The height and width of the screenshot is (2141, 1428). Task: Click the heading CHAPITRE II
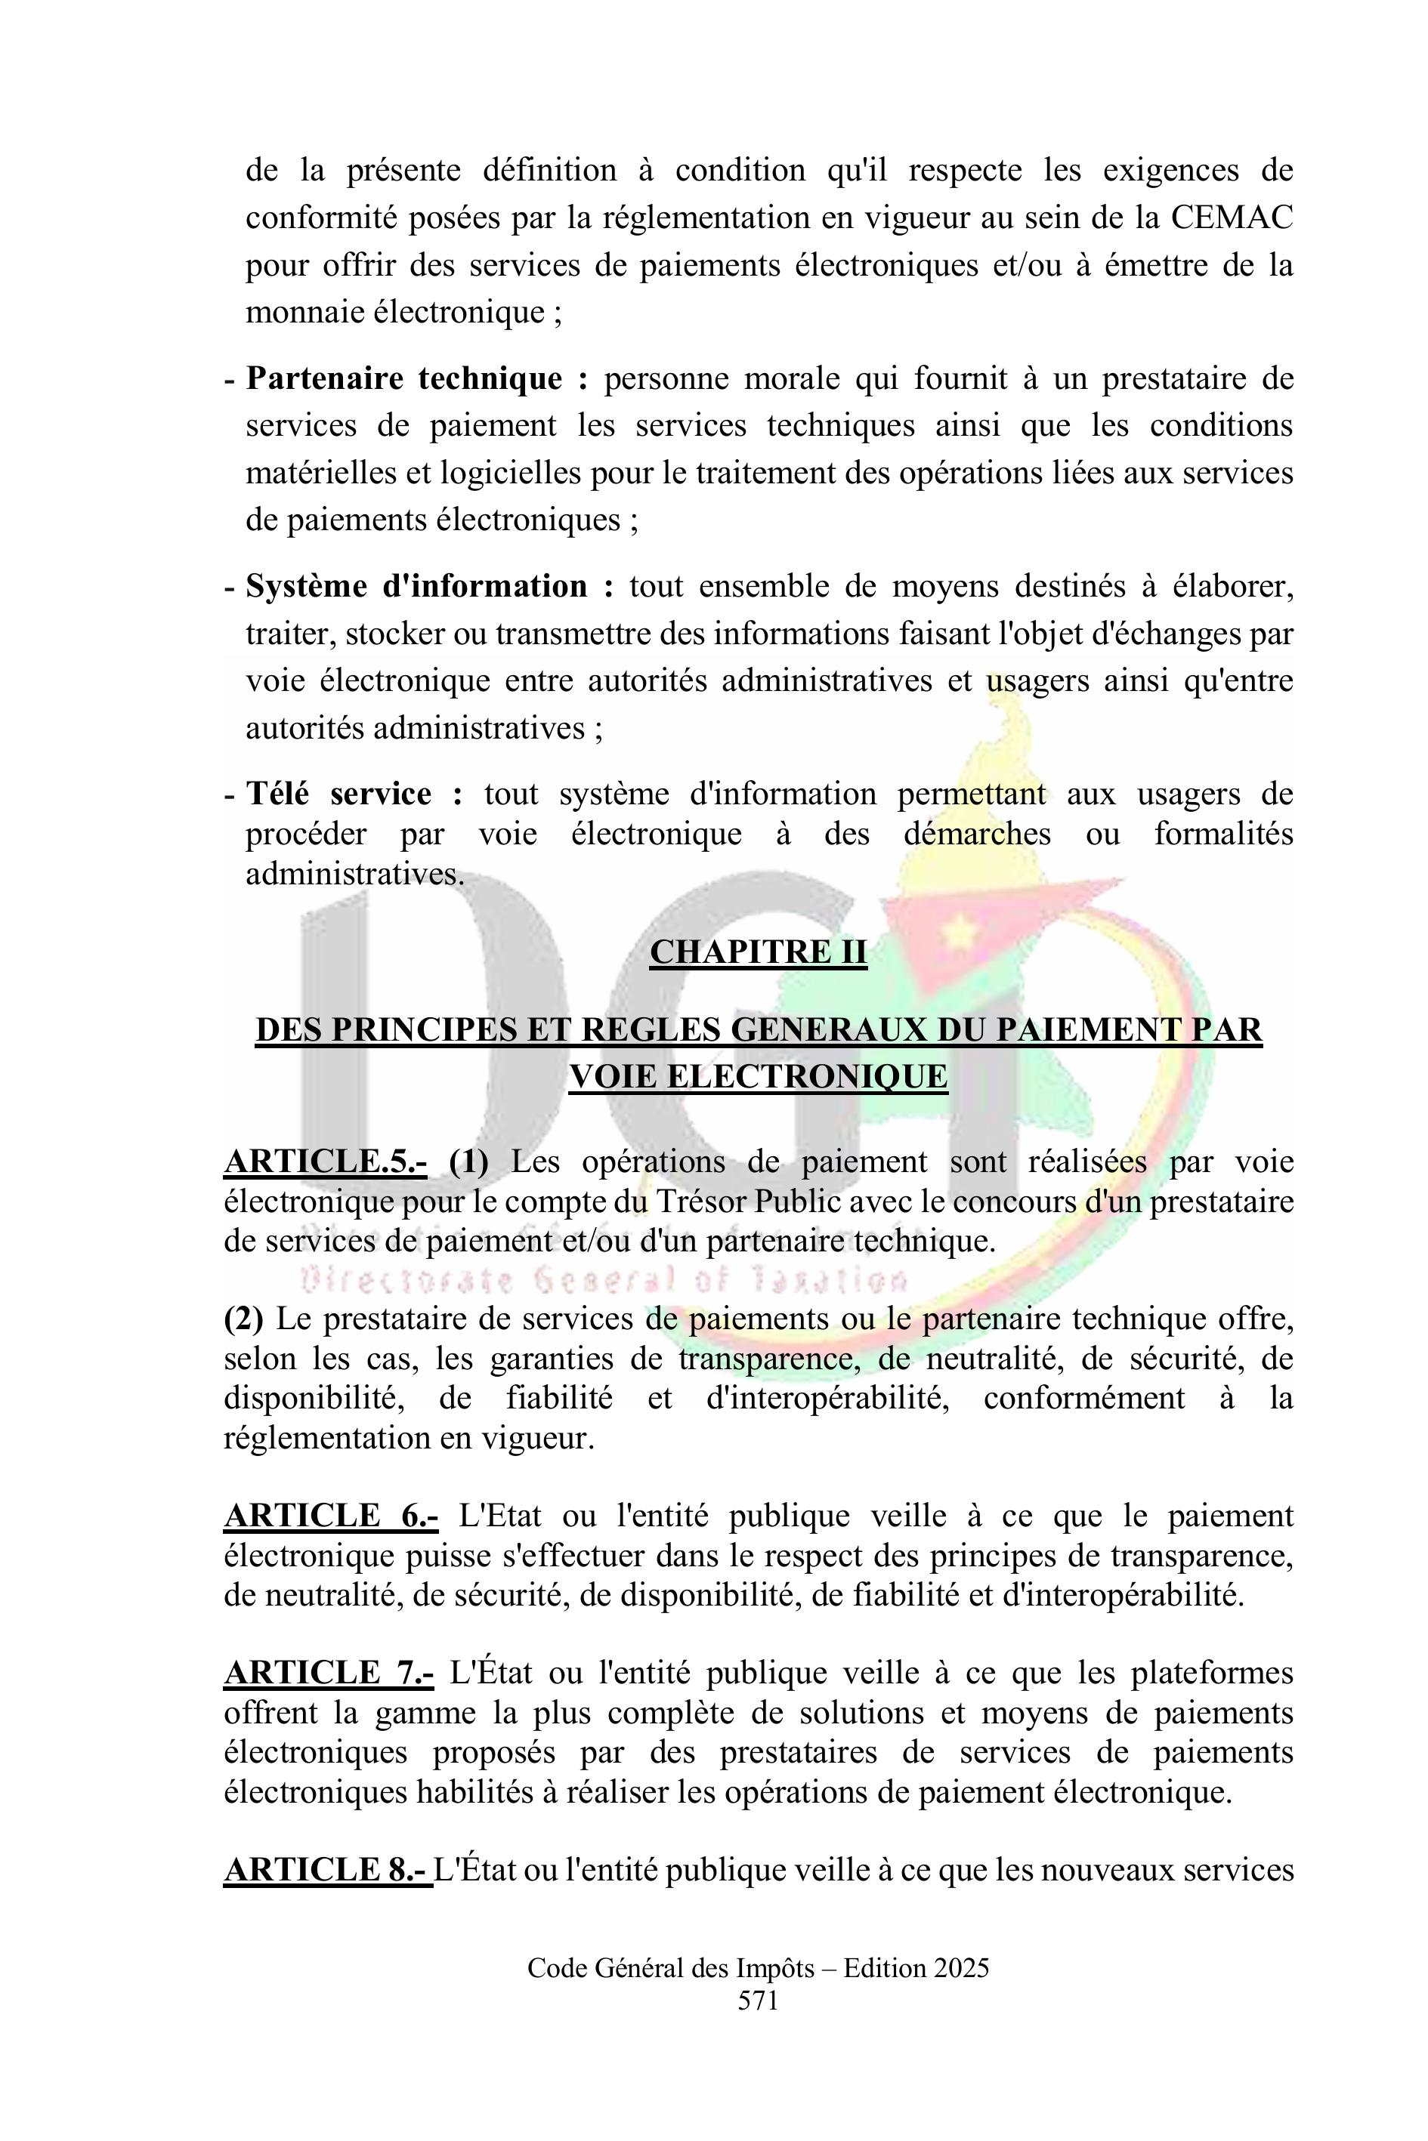click(x=758, y=952)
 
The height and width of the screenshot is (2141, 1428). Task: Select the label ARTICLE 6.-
click(x=331, y=1516)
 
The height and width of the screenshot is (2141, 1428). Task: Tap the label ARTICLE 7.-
click(x=329, y=1673)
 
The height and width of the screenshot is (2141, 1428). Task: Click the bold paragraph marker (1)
click(x=469, y=1162)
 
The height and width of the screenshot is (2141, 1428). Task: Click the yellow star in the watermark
click(x=958, y=930)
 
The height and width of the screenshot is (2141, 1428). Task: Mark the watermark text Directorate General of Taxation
click(x=604, y=1281)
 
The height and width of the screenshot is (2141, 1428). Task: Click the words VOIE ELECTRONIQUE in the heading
click(x=758, y=1077)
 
